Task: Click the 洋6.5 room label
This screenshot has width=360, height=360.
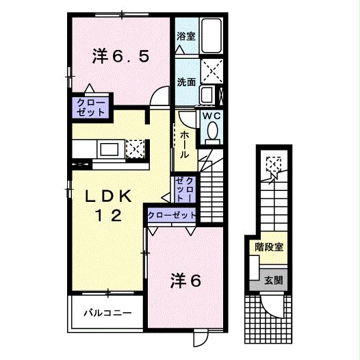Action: click(x=119, y=56)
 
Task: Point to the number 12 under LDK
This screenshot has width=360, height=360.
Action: click(x=108, y=216)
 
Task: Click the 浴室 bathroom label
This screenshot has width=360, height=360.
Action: click(x=185, y=36)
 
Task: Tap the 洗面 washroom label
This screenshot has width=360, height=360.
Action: click(x=186, y=81)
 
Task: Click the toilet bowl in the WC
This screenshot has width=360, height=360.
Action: click(x=212, y=130)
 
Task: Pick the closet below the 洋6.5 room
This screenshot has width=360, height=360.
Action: click(x=91, y=107)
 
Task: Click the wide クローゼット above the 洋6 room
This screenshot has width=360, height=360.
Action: click(x=172, y=216)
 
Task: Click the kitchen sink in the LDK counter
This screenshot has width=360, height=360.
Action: click(x=109, y=149)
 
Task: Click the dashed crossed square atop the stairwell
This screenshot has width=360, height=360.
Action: click(x=273, y=164)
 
